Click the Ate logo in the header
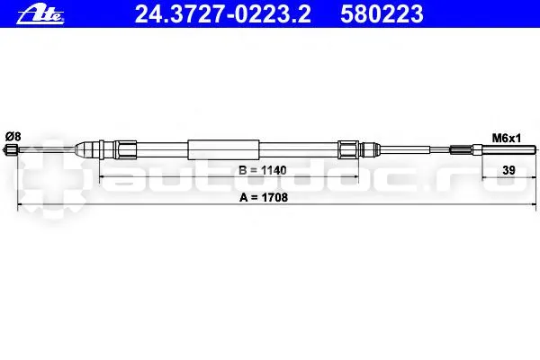tap(40, 15)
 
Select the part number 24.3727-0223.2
tap(223, 14)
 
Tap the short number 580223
tap(382, 14)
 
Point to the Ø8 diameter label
tap(13, 137)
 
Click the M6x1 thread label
tap(506, 139)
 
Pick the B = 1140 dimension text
tap(263, 170)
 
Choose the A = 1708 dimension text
tap(264, 197)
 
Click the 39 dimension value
tap(508, 170)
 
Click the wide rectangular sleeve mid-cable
tap(223, 149)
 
